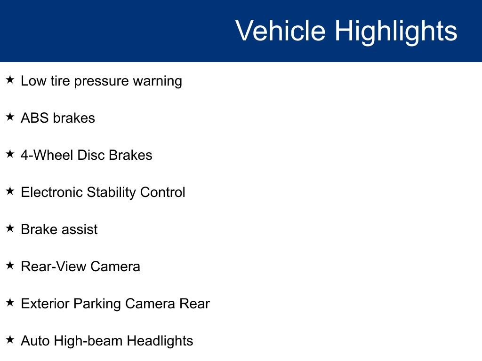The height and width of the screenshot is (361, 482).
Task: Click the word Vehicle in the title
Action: coord(280,31)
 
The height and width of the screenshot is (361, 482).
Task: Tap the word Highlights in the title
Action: coord(396,31)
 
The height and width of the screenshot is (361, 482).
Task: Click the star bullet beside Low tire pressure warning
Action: coord(10,80)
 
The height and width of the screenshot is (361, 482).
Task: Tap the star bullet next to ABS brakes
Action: coord(10,117)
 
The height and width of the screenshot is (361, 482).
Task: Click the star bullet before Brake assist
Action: coord(10,228)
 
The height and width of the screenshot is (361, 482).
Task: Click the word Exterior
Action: coord(45,304)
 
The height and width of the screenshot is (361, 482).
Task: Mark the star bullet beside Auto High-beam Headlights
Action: coord(10,340)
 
